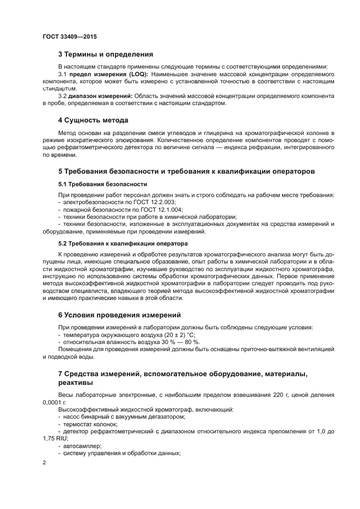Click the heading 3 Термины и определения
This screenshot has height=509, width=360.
click(x=105, y=54)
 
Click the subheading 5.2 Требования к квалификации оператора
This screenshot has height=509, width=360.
click(x=123, y=243)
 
